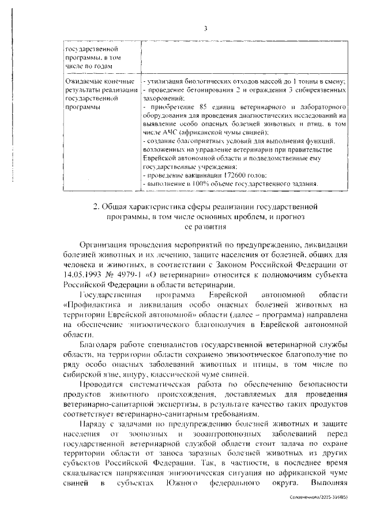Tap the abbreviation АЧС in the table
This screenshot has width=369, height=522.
[164, 132]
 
